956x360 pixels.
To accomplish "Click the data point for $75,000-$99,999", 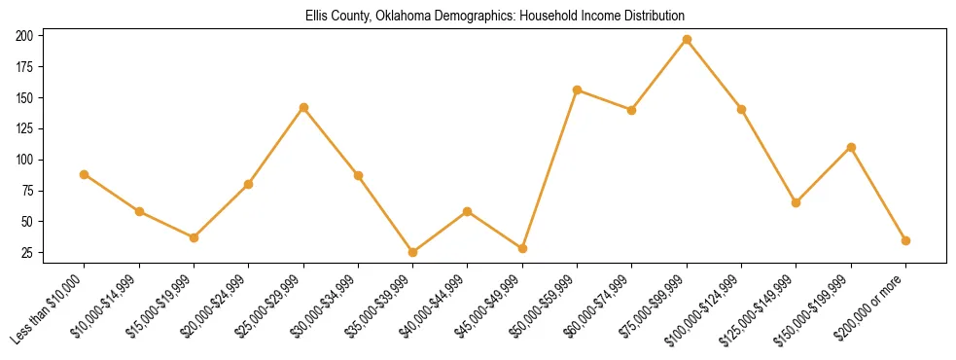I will click(x=687, y=40).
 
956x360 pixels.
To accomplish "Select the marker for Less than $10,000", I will click(x=85, y=174).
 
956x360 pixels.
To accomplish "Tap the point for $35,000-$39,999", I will click(x=412, y=252).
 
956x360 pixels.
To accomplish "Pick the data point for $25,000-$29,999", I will click(x=303, y=107).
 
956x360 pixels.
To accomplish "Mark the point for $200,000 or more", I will click(x=905, y=240).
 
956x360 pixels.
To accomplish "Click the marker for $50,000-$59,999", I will click(x=577, y=90).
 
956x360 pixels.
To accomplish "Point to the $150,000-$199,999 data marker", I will click(x=851, y=147).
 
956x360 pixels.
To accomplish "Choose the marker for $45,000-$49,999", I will click(x=522, y=248).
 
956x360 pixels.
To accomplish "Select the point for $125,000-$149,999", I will click(x=796, y=202).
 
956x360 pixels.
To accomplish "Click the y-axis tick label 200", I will click(x=25, y=36).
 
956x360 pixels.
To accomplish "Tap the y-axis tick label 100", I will click(x=25, y=160).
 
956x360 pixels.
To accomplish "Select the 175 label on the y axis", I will click(x=25, y=67).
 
